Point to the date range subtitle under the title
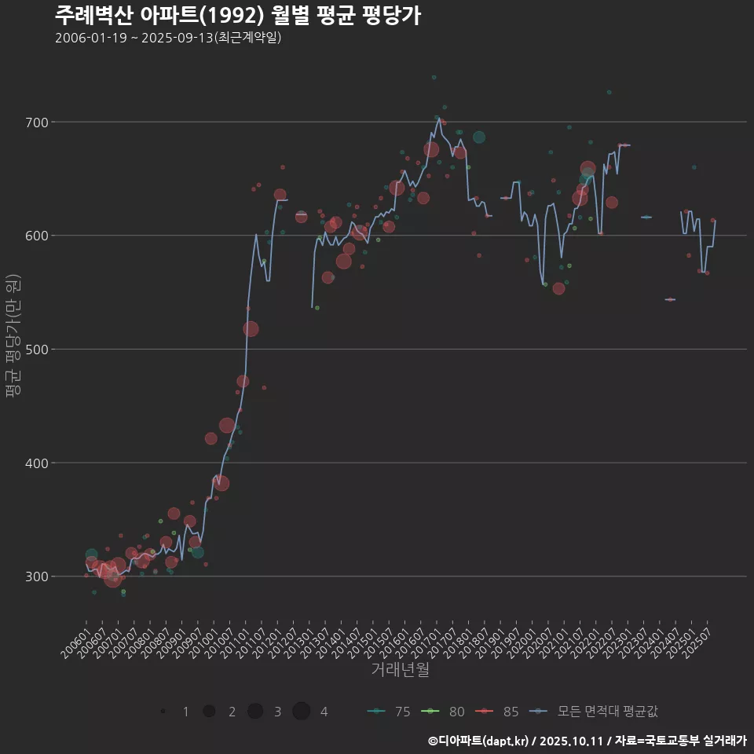click(168, 38)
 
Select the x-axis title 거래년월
click(400, 670)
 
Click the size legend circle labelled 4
click(301, 712)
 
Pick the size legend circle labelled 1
click(163, 712)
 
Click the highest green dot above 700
click(434, 77)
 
